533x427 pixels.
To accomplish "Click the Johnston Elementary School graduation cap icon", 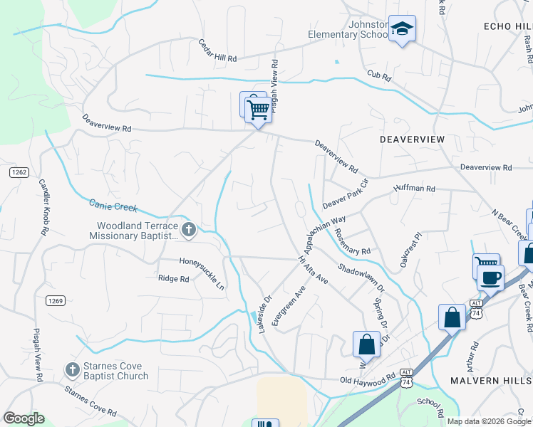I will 403,29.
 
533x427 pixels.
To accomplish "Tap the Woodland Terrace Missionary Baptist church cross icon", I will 189,229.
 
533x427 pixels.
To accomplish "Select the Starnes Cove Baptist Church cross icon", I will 72,369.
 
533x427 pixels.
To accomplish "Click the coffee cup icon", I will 490,276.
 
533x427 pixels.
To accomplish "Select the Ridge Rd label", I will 174,279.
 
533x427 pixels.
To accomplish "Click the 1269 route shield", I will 56,301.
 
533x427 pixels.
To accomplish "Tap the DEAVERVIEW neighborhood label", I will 412,139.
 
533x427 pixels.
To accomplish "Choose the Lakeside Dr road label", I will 265,314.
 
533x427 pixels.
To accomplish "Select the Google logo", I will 24,418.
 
